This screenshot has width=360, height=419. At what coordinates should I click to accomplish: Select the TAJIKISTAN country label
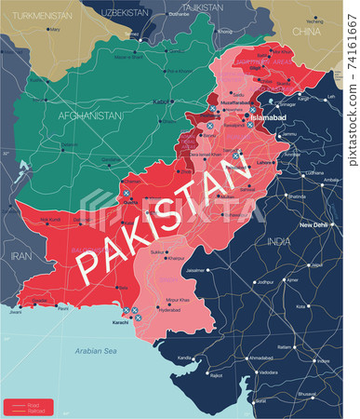(x=202, y=7)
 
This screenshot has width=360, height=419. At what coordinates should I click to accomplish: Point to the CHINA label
(x=306, y=31)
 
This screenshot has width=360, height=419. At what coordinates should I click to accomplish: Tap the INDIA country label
(x=279, y=241)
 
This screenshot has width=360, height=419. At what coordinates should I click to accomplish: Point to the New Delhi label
(x=315, y=225)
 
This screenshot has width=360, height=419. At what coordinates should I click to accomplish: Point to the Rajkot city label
(x=216, y=375)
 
